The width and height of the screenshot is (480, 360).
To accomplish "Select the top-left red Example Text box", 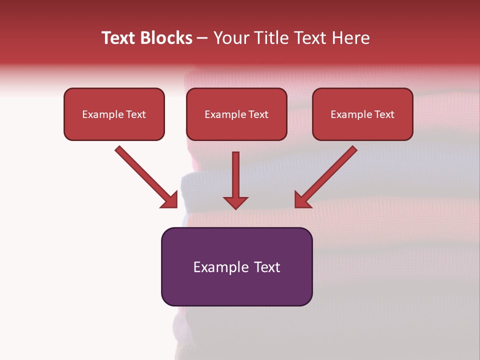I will coord(114,114).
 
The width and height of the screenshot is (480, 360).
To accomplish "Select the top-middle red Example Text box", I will coord(236,114).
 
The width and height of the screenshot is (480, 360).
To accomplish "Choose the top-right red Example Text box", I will coord(362,114).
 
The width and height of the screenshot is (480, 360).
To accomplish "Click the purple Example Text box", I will coord(236,267).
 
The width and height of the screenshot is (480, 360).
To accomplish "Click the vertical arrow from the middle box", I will coord(235,175).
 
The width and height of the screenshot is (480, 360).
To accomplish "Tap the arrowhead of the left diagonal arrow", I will coord(170,200).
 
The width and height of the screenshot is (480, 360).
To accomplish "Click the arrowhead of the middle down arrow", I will coord(235,202).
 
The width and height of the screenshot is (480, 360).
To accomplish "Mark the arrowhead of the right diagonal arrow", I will coord(302,200).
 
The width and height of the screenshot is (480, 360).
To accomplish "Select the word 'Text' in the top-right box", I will coord(384,114).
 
